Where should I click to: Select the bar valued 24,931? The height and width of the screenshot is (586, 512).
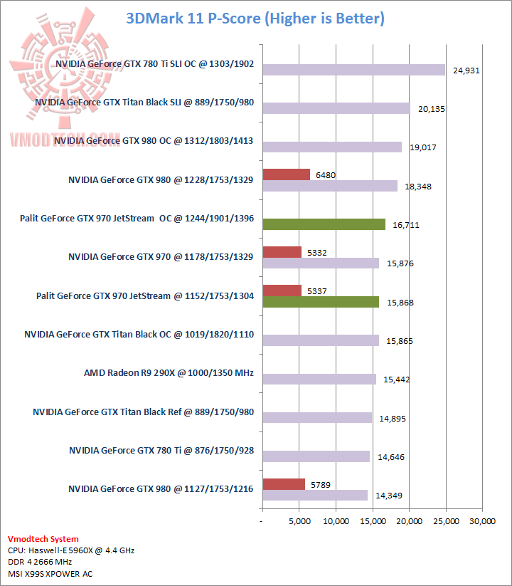[x=353, y=70]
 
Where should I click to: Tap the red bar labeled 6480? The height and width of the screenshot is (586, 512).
[x=286, y=174]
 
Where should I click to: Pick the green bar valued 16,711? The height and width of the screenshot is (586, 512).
[x=324, y=224]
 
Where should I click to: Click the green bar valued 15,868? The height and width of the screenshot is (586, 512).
[x=321, y=302]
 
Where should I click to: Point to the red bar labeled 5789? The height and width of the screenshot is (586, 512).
[x=284, y=484]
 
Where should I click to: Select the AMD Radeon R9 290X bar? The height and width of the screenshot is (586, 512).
[x=319, y=379]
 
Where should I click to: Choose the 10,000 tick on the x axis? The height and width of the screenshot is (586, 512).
[x=336, y=522]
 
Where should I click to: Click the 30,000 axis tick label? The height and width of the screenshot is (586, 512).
[x=482, y=522]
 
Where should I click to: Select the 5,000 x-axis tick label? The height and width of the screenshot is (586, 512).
[x=299, y=522]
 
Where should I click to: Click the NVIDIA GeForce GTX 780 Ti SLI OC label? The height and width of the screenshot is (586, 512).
[x=154, y=63]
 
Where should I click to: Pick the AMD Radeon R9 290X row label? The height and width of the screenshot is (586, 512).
[x=169, y=372]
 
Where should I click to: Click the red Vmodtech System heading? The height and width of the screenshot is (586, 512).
[x=43, y=539]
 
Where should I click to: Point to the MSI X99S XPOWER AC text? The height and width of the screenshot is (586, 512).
[x=50, y=573]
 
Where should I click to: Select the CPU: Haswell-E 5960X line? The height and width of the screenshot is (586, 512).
[x=71, y=550]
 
